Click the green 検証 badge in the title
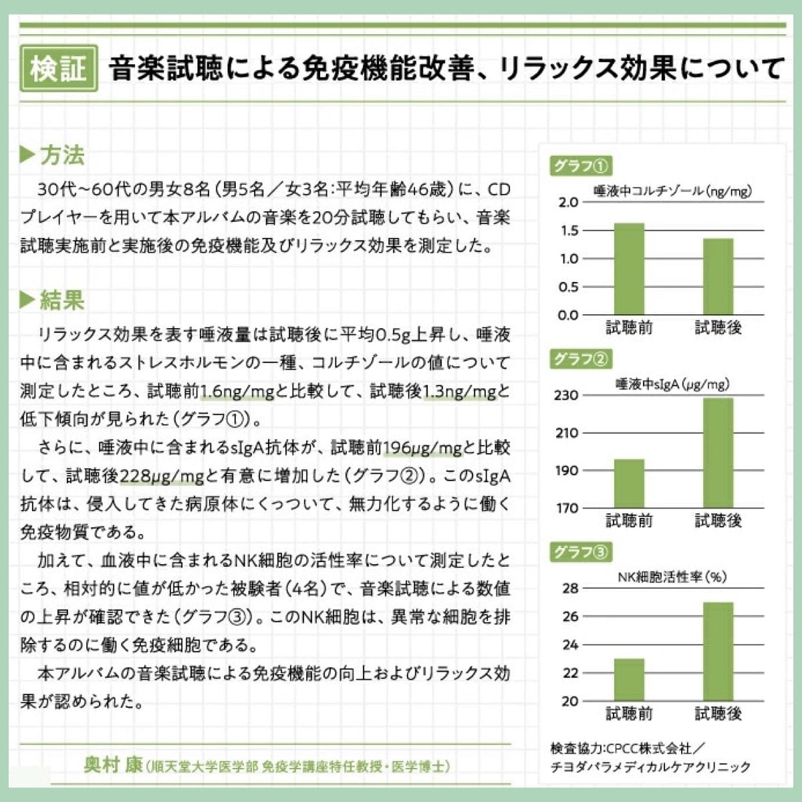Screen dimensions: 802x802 pos(59,68)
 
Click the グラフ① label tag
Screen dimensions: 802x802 pos(580,165)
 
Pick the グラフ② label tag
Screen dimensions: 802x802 pos(580,359)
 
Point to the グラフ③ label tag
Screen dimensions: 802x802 pos(580,552)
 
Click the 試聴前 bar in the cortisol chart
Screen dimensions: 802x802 pos(629,269)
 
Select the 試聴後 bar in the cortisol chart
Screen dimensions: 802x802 pos(718,277)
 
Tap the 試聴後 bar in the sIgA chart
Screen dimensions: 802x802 pos(718,453)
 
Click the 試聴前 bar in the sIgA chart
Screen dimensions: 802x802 pos(629,484)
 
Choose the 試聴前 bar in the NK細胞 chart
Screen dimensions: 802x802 pos(629,680)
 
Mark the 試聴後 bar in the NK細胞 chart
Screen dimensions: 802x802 pos(718,652)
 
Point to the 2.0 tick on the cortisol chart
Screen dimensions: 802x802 pos(568,203)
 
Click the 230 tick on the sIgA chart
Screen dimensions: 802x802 pos(566,396)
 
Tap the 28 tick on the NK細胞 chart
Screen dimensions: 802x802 pos(569,589)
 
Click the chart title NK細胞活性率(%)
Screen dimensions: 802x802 pos(672,577)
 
